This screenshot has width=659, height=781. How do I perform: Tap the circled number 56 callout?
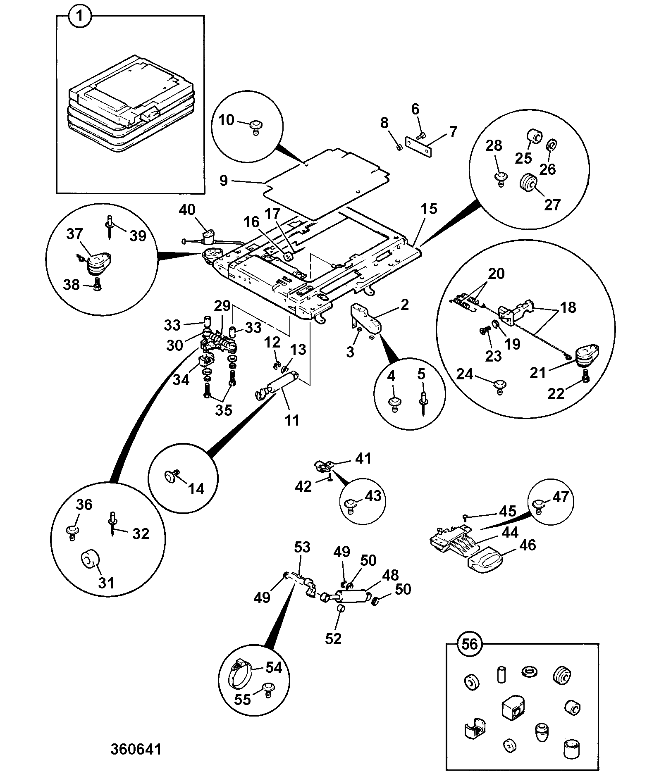click(469, 644)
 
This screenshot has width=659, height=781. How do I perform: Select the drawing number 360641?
click(136, 749)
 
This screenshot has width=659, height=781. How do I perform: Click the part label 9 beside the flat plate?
click(224, 181)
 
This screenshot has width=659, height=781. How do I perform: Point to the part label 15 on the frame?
click(429, 209)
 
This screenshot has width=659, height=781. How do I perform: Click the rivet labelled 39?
click(110, 226)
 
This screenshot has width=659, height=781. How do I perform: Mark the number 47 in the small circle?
click(561, 496)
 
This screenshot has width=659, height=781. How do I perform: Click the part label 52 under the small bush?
click(333, 638)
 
